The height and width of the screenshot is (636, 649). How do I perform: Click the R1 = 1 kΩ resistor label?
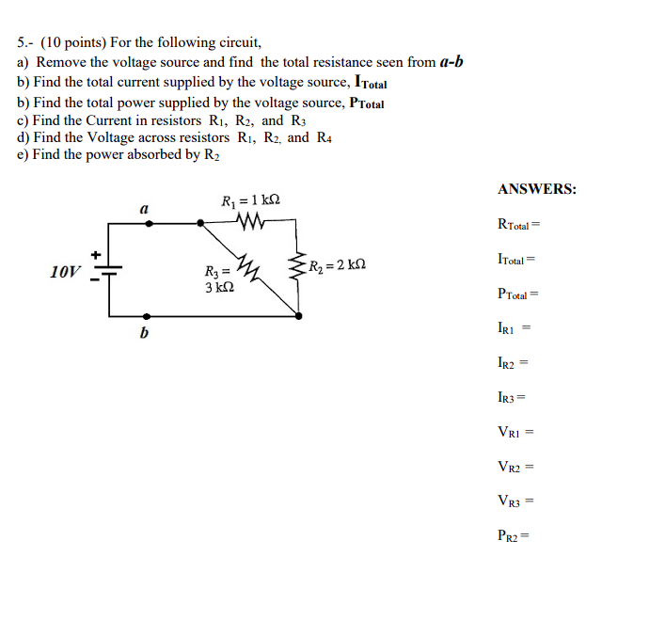point(250,200)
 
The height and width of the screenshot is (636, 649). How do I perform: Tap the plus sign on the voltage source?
point(95,254)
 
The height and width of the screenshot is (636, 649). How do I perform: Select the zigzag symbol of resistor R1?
point(251,221)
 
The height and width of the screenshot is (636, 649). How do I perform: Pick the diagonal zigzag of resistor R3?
point(247,266)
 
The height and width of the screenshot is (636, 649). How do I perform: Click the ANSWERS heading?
point(537,189)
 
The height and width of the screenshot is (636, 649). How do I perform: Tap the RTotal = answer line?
point(519,225)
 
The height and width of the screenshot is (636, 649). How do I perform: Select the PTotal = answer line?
point(518,294)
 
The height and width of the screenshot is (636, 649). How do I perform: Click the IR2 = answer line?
point(514,361)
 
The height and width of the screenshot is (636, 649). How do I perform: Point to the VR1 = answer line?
point(515,432)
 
